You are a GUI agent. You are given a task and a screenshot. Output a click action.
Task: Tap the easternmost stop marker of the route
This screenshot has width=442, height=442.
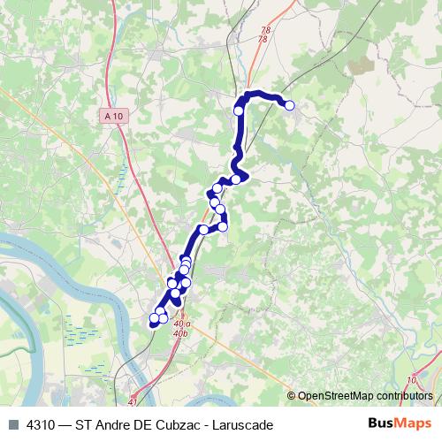point(289,106)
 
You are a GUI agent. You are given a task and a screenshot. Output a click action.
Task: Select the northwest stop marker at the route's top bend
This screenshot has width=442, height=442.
point(239,110)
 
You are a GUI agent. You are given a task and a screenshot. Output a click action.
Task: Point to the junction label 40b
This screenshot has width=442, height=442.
point(181,334)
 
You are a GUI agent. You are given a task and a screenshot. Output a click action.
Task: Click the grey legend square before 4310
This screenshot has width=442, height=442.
point(12,423)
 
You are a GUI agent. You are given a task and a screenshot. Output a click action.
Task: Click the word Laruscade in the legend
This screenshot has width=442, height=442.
point(242,423)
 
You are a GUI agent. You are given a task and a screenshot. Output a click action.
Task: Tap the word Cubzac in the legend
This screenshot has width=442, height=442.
point(175,423)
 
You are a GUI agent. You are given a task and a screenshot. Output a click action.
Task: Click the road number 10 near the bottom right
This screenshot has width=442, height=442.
point(412,380)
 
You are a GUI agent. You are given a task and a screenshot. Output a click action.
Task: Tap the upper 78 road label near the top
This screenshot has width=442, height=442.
point(263,31)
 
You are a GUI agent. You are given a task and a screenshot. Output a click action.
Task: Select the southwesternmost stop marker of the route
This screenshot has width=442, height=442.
point(155,318)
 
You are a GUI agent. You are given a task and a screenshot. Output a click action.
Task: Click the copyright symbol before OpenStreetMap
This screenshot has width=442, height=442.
point(292,395)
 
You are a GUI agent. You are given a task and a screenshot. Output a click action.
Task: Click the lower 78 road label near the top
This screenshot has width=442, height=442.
point(263,40)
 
